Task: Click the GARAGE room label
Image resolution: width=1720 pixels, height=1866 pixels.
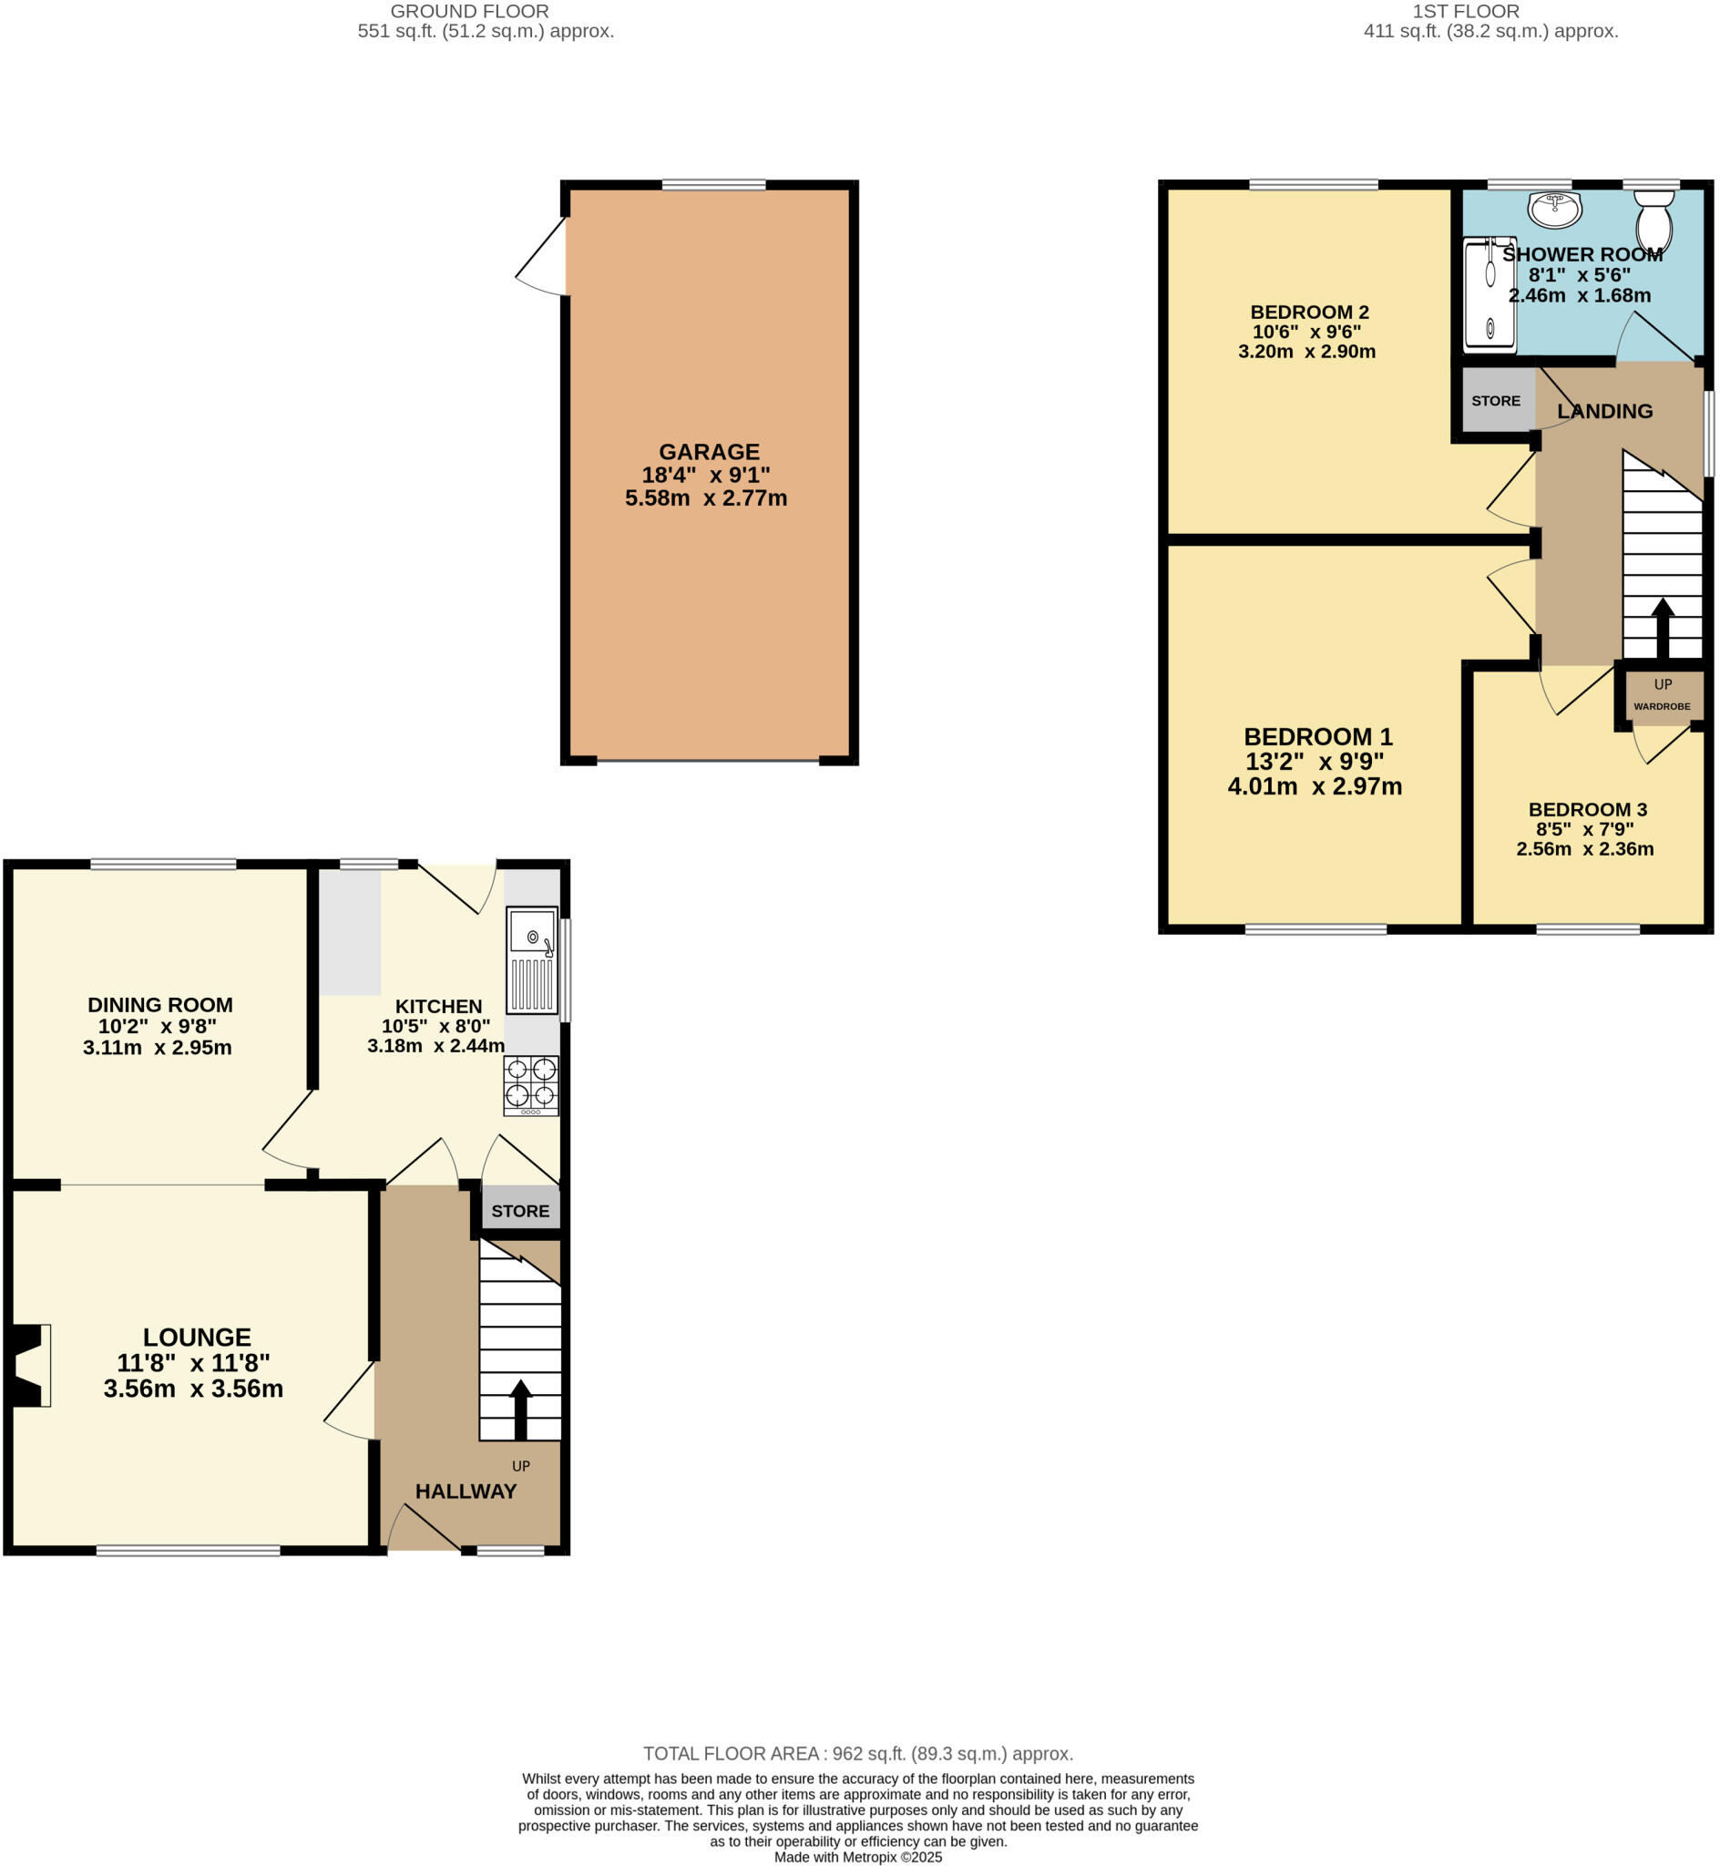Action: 709,452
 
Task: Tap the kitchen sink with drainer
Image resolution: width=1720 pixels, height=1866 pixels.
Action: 532,959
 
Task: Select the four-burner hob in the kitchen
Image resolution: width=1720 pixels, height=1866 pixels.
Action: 531,1085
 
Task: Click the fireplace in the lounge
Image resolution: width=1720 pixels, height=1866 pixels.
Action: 29,1365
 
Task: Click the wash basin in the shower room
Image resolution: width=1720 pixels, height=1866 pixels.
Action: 1554,210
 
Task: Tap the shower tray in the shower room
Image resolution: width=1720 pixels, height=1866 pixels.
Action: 1490,295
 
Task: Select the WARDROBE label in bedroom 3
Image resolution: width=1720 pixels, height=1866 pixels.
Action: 1663,706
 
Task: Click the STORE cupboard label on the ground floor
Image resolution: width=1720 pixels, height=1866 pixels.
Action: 520,1211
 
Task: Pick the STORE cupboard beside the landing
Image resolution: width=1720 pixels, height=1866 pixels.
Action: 1497,401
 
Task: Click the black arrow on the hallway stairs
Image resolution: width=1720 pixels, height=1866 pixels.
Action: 520,1409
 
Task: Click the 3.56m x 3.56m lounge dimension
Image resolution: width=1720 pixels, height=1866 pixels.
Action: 194,1389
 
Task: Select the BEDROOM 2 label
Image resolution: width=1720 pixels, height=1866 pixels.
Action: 1309,313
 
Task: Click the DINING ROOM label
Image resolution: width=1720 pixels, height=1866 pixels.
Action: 160,1005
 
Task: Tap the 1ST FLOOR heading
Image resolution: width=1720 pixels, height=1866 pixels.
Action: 1466,11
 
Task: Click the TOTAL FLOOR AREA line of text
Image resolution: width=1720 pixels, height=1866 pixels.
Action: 858,1753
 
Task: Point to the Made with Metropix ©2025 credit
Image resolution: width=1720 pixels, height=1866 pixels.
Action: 858,1857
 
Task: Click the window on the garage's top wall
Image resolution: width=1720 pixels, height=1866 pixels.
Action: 714,185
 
